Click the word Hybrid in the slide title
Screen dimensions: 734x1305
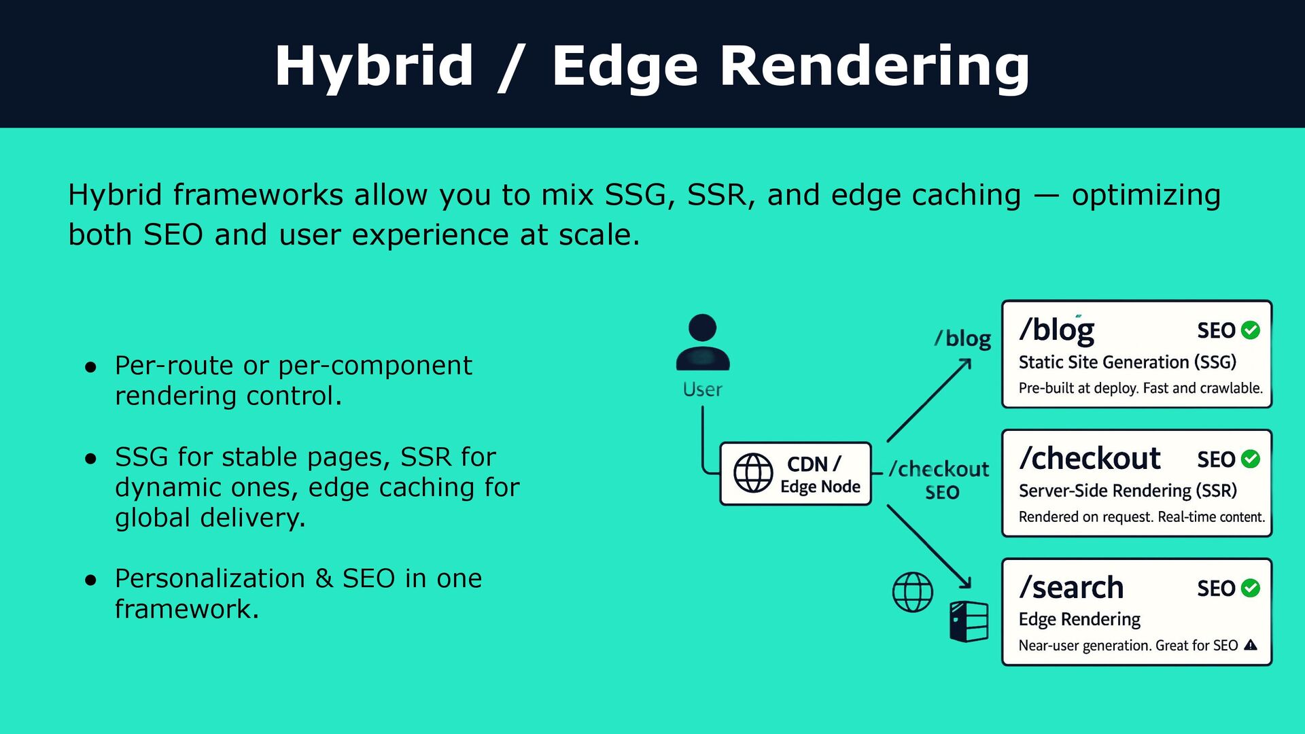coord(374,66)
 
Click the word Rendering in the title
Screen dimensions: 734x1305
coord(874,66)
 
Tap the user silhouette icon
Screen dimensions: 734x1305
coord(703,343)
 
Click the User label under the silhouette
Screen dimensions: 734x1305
coord(702,389)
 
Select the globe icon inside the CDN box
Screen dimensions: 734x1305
coord(753,473)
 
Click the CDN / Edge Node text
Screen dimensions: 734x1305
coord(820,474)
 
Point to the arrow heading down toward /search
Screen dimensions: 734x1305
coord(930,547)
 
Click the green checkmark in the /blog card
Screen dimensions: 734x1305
coord(1251,330)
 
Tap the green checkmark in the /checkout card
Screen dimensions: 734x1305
coord(1251,459)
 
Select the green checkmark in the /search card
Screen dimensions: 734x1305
coord(1251,588)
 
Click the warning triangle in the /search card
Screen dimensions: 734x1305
coord(1251,645)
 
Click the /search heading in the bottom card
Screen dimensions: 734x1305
coord(1071,588)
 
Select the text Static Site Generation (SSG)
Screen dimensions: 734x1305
coord(1127,362)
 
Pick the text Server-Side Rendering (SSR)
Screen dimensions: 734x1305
coord(1128,491)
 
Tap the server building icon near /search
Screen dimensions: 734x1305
coord(969,621)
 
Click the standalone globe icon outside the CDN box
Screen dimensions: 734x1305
coord(912,592)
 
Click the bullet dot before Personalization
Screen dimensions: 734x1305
coord(91,580)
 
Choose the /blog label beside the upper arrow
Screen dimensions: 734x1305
coord(962,338)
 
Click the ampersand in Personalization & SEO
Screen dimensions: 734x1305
coord(324,579)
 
